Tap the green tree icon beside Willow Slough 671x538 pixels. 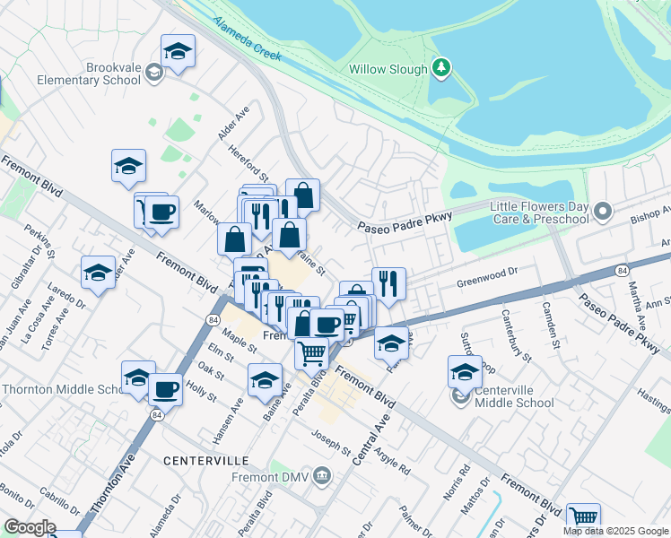[x=440, y=67]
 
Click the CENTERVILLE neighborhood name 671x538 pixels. [x=205, y=460]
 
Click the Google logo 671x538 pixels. [x=30, y=527]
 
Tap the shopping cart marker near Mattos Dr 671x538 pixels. [x=583, y=517]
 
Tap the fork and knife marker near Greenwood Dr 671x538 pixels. [x=388, y=283]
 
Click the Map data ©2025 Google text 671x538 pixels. [x=614, y=531]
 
